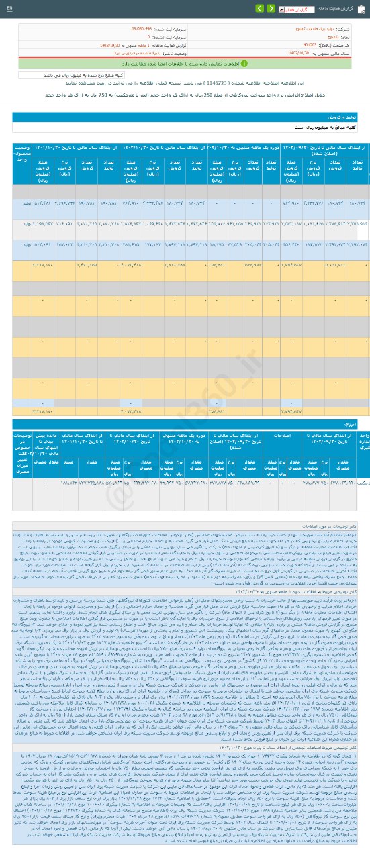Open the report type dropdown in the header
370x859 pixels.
click(x=275, y=10)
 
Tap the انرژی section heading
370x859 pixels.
click(x=356, y=425)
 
